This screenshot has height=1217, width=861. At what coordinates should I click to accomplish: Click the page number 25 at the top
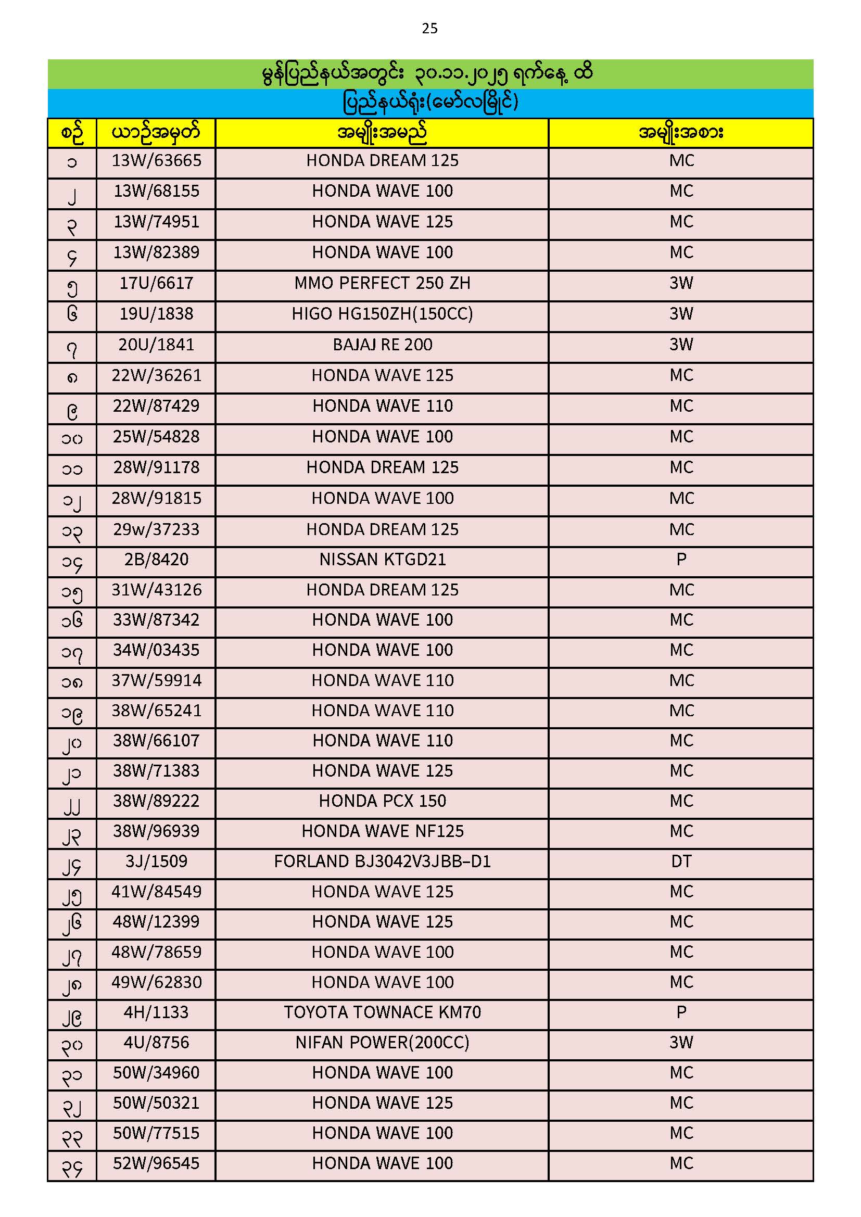click(429, 29)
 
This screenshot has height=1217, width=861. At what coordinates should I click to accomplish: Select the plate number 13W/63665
click(156, 161)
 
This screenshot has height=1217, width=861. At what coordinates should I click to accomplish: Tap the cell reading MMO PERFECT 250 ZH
click(382, 284)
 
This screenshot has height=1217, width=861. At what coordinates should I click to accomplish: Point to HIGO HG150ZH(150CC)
click(382, 314)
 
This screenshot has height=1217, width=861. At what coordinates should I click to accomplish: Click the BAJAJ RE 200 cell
click(382, 345)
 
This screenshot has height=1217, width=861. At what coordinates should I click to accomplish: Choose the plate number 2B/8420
click(156, 560)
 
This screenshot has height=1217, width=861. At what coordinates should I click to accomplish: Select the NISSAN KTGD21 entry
click(382, 560)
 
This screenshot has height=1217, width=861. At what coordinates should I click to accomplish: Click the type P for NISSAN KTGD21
click(681, 560)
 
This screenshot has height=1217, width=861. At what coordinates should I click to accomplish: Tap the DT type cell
click(681, 862)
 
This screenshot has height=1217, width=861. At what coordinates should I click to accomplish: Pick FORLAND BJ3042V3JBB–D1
click(382, 862)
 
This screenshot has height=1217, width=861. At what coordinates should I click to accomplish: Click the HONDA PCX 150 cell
click(382, 801)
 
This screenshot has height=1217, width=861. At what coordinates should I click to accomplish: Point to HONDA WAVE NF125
click(382, 831)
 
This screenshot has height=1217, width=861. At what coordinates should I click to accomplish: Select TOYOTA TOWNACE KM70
click(382, 1012)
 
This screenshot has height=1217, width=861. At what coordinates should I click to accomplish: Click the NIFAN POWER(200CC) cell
click(382, 1043)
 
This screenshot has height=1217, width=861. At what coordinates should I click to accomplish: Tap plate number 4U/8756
click(156, 1043)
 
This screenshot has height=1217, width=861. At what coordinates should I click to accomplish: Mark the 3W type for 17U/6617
click(681, 284)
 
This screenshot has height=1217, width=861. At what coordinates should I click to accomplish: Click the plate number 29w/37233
click(156, 529)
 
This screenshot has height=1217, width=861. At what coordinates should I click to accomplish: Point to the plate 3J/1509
click(156, 862)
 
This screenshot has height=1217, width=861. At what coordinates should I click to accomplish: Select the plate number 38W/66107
click(156, 741)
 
